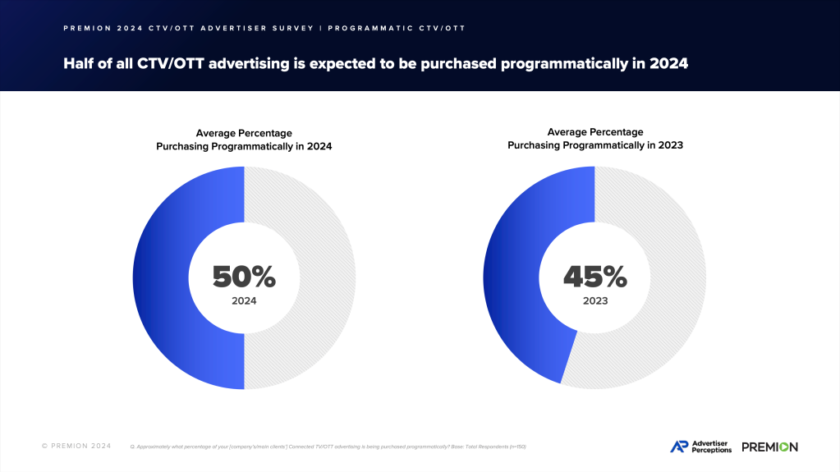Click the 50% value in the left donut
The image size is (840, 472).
pos(244,277)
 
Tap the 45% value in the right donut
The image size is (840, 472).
pos(594,277)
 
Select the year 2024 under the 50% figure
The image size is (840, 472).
pos(244,301)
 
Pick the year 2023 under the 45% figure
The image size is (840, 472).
pos(594,301)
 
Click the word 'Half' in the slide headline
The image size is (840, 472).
pos(80,63)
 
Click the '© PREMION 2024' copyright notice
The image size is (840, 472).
pos(76,447)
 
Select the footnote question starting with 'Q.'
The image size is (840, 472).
pos(328,447)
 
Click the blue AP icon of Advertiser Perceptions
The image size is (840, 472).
pos(679,447)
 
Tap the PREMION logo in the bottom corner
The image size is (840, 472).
pos(769,447)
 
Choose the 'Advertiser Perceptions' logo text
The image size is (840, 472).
pos(711,447)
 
